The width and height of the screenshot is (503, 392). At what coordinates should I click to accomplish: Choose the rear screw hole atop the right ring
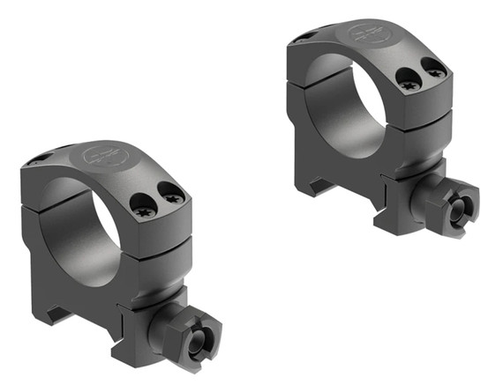305,36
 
